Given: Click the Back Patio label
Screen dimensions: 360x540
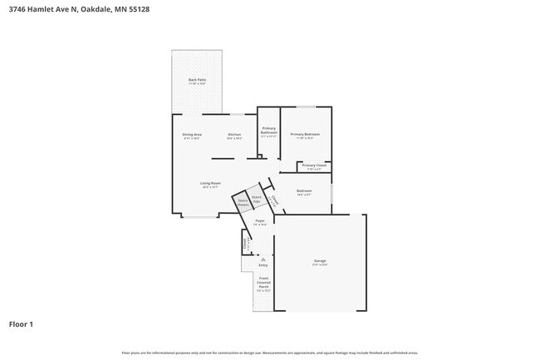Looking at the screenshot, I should pos(197,81).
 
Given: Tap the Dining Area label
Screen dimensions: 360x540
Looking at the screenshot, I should pos(192,135).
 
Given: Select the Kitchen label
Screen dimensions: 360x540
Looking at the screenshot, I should pos(235,135).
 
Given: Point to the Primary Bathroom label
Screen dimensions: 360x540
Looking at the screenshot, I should pos(268,131).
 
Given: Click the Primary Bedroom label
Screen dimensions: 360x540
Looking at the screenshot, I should pos(305,135).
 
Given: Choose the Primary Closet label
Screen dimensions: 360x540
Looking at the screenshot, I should pos(314,166).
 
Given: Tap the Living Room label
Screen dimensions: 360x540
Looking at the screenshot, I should pos(210,184).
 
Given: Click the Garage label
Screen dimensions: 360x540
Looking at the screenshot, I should pos(320,262).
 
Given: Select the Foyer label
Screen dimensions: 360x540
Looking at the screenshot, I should pos(260,221).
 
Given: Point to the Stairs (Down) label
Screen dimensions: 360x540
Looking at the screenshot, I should pos(243,202).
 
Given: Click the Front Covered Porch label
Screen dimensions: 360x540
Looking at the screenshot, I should pos(263,284).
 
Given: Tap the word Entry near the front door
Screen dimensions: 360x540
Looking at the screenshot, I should pos(263,265).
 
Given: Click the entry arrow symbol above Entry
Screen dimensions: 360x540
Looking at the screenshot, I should pos(263,259).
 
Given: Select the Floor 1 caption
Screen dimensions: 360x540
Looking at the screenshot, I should pos(21,323).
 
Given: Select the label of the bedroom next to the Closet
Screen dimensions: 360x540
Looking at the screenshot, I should pos(304,191).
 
